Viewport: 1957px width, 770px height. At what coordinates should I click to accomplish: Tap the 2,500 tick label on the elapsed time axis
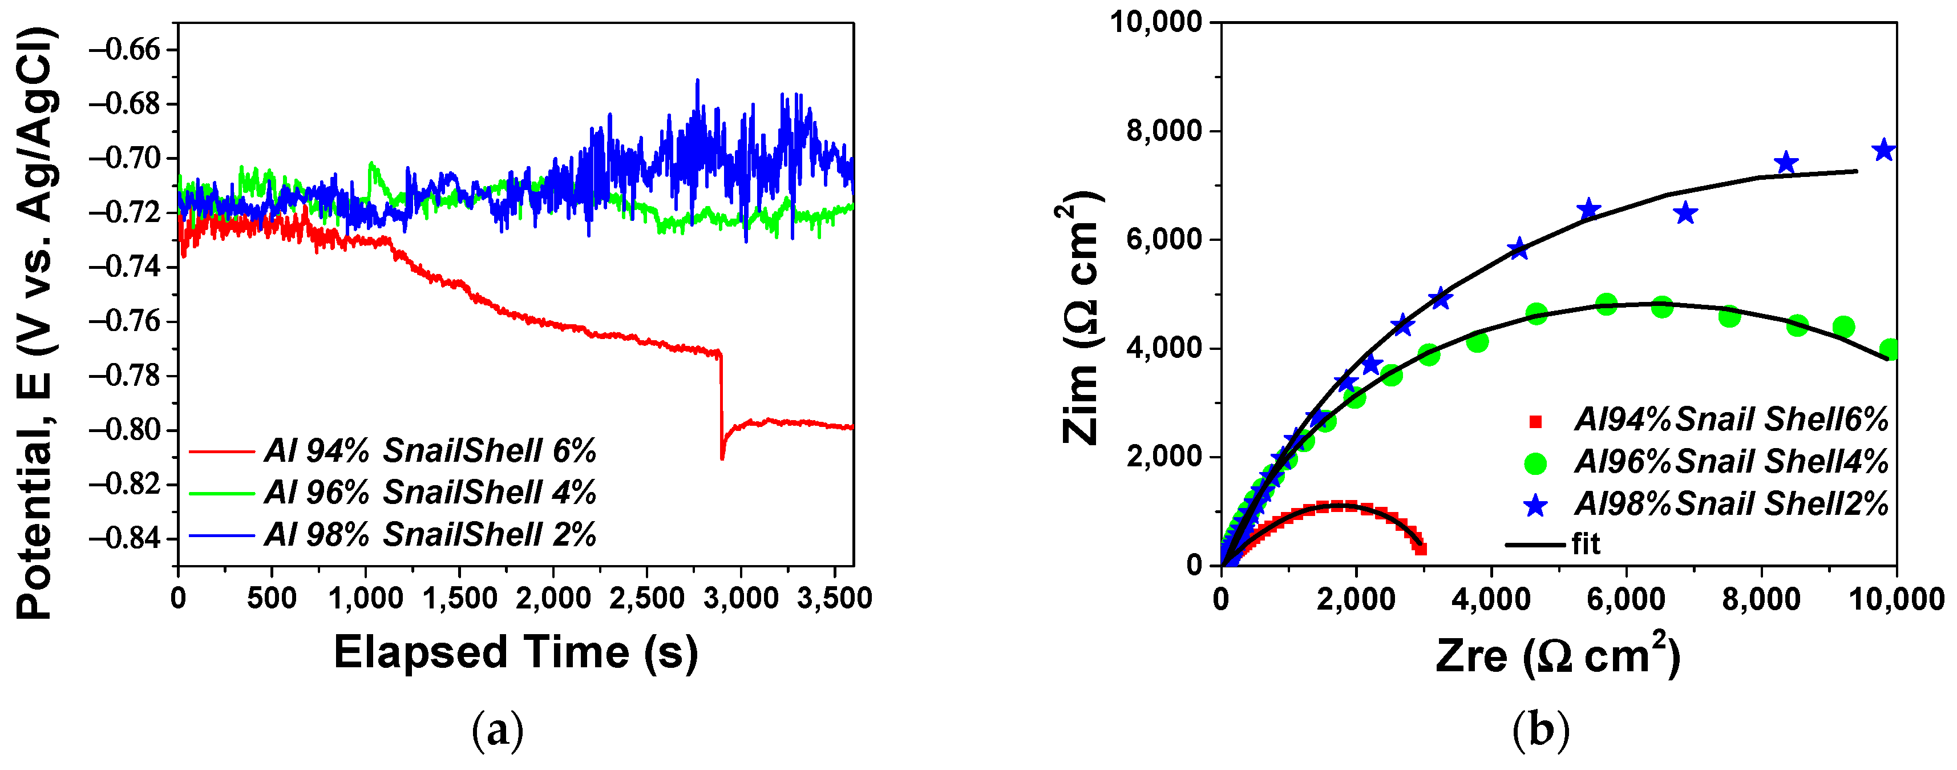click(646, 598)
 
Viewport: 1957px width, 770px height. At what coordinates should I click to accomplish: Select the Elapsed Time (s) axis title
click(516, 653)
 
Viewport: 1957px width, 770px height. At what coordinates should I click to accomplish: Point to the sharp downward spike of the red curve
click(722, 457)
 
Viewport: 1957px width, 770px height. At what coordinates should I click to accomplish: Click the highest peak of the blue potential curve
click(697, 80)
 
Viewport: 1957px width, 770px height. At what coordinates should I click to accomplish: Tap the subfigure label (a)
click(498, 731)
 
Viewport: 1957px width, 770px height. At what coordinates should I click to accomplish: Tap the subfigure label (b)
click(1540, 731)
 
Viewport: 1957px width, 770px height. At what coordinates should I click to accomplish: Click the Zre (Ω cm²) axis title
click(1558, 655)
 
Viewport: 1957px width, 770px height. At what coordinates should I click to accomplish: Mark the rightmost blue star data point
click(1883, 151)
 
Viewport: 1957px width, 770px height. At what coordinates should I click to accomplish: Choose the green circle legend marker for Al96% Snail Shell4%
click(1535, 463)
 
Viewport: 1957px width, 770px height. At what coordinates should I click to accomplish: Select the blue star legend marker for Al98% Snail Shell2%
click(1535, 505)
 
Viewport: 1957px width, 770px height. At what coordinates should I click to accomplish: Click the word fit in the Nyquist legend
click(1586, 544)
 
